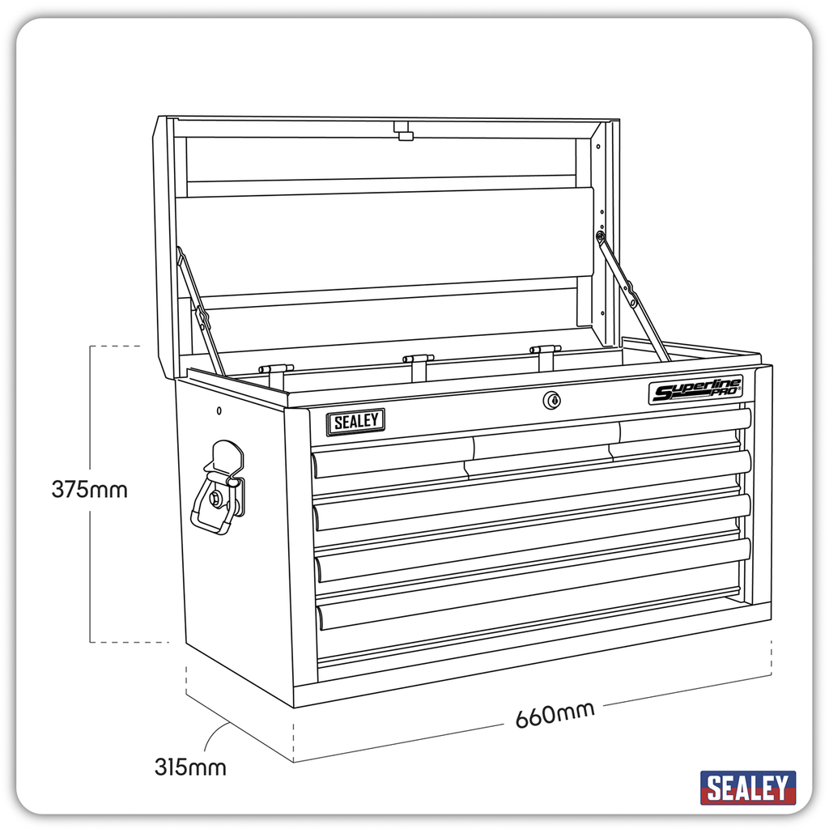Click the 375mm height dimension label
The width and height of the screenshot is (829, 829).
pyautogui.click(x=89, y=490)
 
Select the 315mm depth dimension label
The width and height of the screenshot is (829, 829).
pyautogui.click(x=190, y=766)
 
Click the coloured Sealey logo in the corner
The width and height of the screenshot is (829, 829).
pyautogui.click(x=747, y=787)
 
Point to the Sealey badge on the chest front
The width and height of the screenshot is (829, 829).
pyautogui.click(x=355, y=422)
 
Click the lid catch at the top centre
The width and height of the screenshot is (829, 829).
pyautogui.click(x=403, y=131)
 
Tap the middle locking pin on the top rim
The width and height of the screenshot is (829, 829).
pyautogui.click(x=419, y=362)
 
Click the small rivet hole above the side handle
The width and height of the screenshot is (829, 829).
pyautogui.click(x=219, y=411)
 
